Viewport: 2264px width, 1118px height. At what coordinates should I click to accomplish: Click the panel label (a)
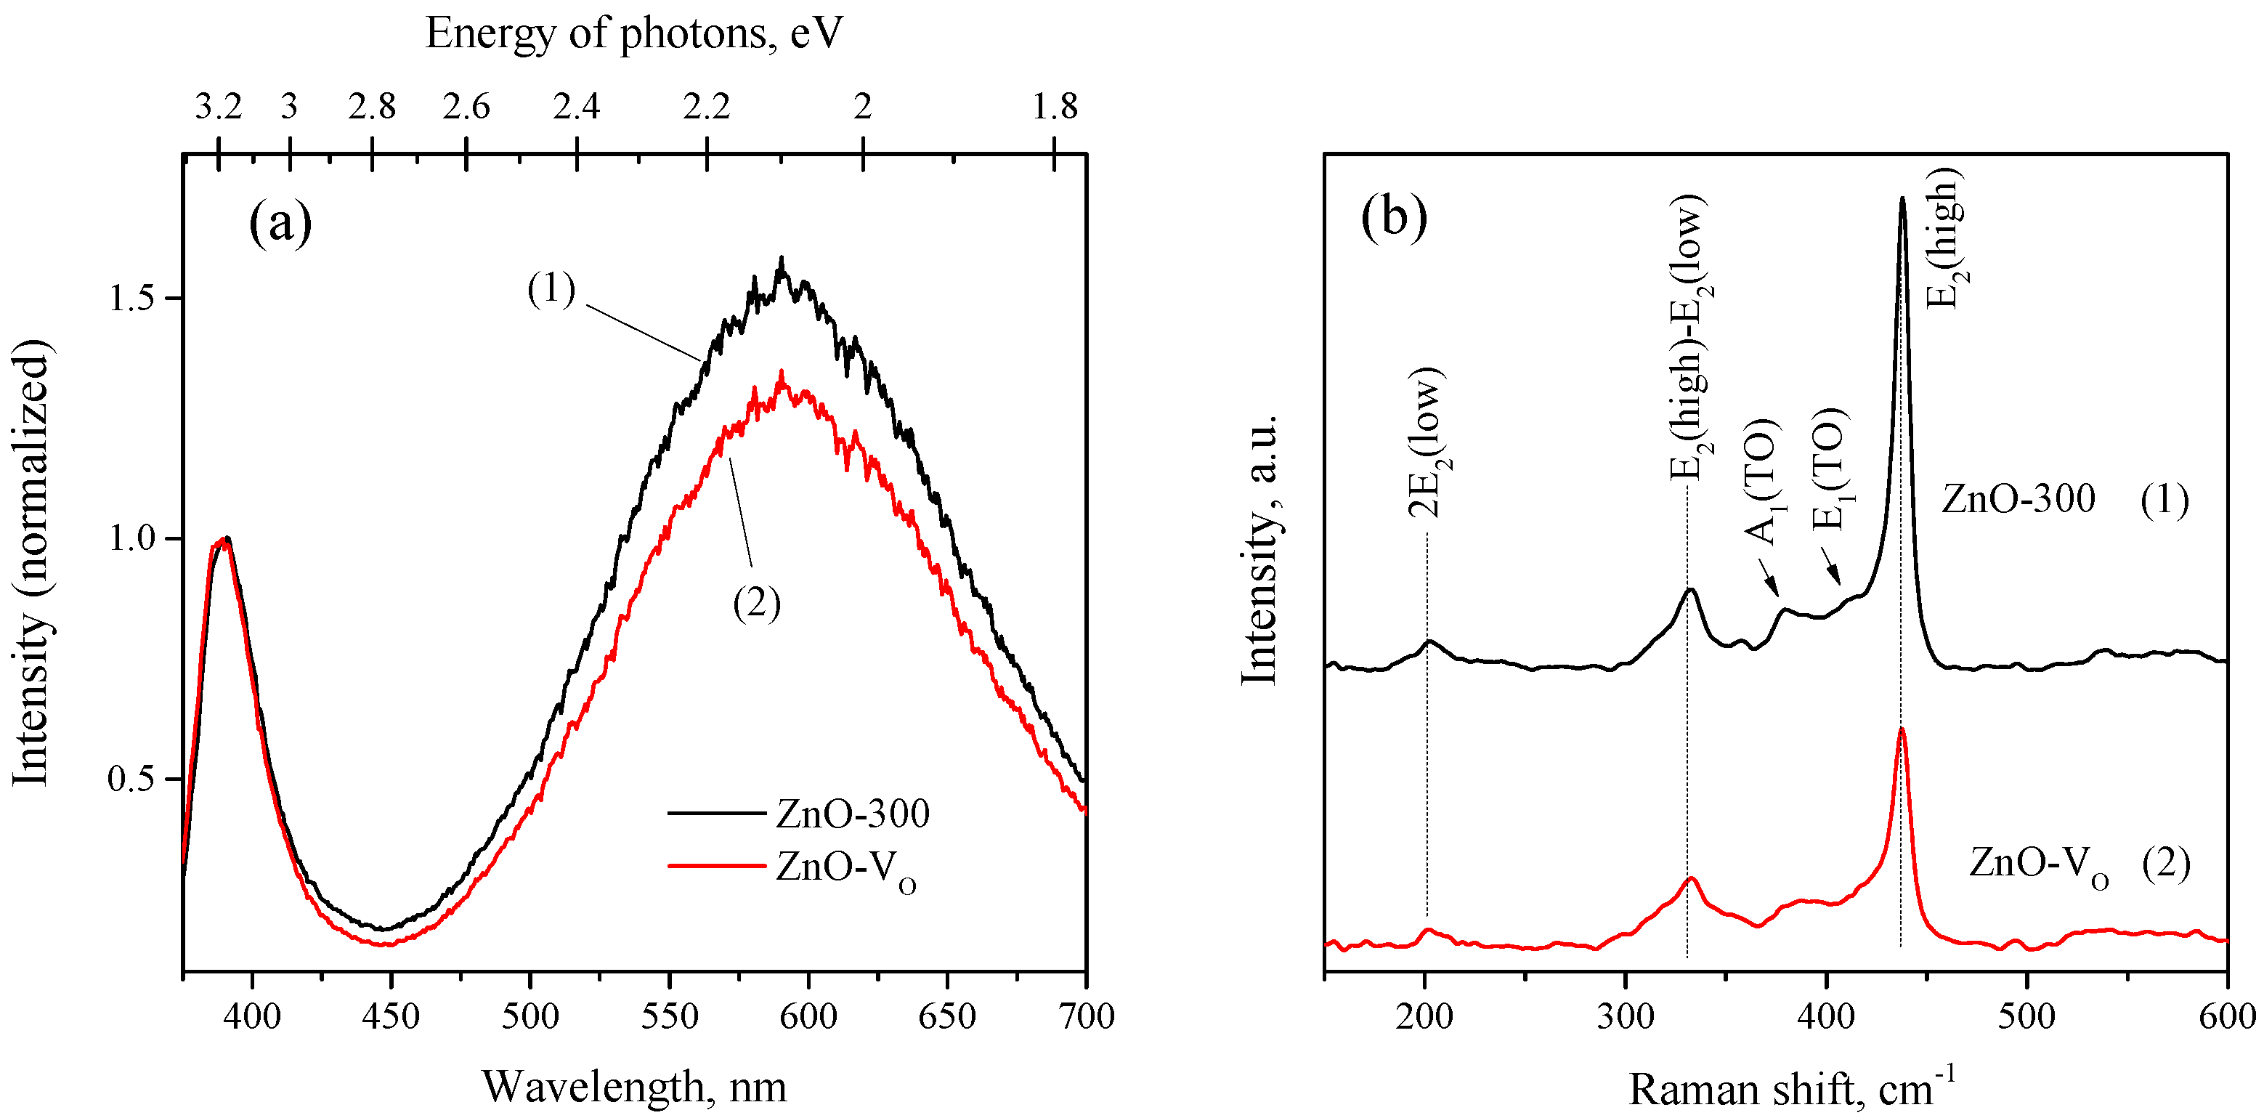pyautogui.click(x=280, y=222)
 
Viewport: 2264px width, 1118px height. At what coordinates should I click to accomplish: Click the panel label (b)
pyautogui.click(x=1393, y=217)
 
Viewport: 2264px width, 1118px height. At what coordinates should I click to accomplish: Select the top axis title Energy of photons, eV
pyautogui.click(x=633, y=33)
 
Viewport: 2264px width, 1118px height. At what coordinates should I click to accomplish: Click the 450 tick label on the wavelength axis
pyautogui.click(x=391, y=1017)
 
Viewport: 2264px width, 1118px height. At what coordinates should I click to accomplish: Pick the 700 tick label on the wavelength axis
pyautogui.click(x=1087, y=1017)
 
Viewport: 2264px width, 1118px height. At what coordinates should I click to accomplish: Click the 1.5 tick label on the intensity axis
pyautogui.click(x=132, y=298)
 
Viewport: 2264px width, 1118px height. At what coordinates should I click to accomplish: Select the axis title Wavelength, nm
pyautogui.click(x=633, y=1086)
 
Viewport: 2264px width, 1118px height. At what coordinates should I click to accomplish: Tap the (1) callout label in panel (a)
pyautogui.click(x=551, y=288)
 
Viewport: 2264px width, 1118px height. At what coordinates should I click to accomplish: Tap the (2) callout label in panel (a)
pyautogui.click(x=756, y=603)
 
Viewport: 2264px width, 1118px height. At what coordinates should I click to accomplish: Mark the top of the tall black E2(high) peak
pyautogui.click(x=1902, y=200)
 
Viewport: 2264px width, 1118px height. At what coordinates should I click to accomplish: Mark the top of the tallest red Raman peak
pyautogui.click(x=1901, y=729)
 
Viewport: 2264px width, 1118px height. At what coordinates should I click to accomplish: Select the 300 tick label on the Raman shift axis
pyautogui.click(x=1625, y=1017)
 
